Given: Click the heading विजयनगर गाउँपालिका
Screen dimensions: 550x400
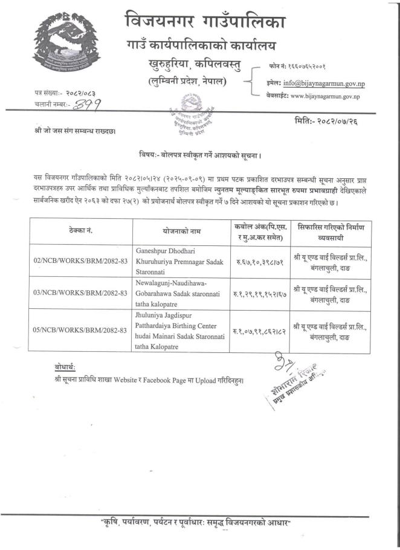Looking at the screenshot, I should click(205, 22).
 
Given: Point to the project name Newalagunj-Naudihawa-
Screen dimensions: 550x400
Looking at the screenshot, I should click(172, 283).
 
